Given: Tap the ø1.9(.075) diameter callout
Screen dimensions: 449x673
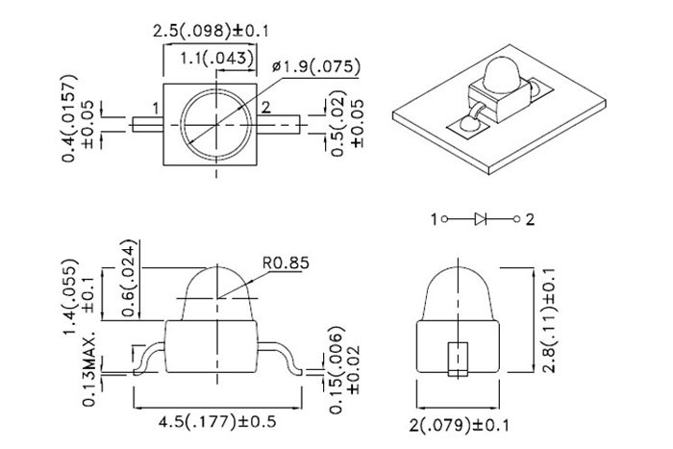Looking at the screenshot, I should pyautogui.click(x=316, y=66).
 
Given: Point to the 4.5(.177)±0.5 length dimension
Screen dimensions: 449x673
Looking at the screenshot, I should pyautogui.click(x=215, y=420).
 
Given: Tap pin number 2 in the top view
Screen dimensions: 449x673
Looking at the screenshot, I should pyautogui.click(x=266, y=106).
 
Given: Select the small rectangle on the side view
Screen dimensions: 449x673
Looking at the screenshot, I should pyautogui.click(x=457, y=355).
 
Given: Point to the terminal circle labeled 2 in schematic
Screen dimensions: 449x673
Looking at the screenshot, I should pyautogui.click(x=515, y=220).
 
